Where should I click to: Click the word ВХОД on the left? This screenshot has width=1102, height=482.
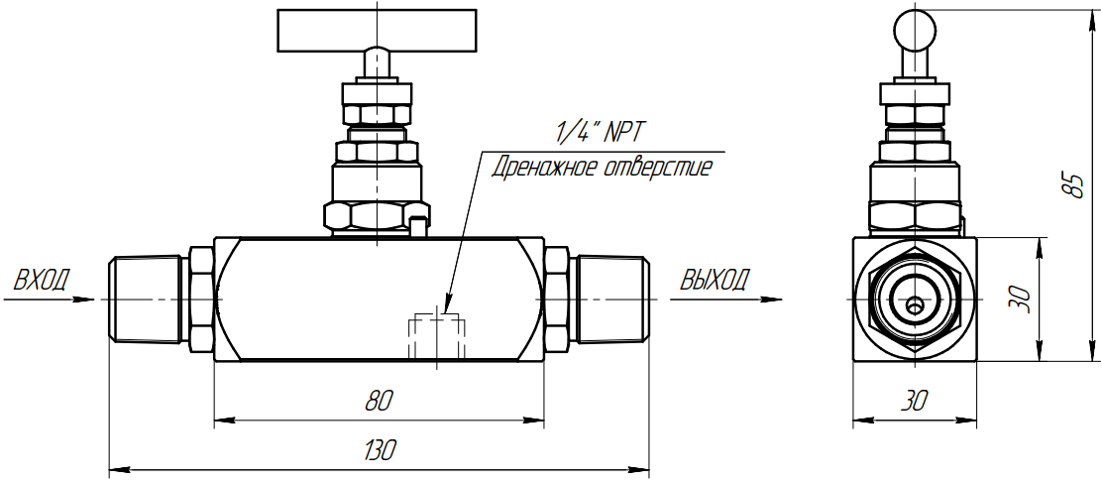[43, 280]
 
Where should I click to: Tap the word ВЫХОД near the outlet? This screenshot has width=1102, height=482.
[715, 280]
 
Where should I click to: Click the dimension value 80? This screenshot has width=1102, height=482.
[380, 401]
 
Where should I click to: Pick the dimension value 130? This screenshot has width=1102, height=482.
[381, 449]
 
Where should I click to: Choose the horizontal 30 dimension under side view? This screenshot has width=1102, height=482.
[914, 401]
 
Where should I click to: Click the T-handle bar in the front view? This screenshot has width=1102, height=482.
[378, 31]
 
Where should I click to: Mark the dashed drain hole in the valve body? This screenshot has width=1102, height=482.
[436, 336]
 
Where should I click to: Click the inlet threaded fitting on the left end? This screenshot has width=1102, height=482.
[148, 300]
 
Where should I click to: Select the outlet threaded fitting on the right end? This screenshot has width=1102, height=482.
[610, 300]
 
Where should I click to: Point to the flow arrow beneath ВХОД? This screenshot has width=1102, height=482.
[49, 301]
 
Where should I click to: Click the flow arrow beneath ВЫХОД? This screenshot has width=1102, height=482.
[726, 301]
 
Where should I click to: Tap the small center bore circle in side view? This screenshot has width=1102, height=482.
[915, 305]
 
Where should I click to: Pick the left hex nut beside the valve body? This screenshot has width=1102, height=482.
[201, 300]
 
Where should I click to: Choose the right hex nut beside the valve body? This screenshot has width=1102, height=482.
[557, 300]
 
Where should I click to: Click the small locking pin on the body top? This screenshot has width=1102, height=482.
[419, 226]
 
